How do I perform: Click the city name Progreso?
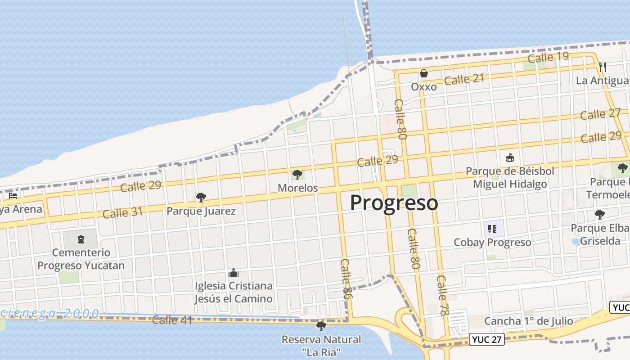pos(394,203)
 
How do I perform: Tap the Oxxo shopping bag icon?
pos(423,73)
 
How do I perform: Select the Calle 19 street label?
pos(548,58)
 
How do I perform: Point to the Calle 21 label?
pos(464,80)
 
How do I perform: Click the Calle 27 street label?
pos(600,114)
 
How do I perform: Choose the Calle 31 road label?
pos(122,212)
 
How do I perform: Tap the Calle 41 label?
pos(172,320)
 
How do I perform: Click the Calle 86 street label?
pos(346,279)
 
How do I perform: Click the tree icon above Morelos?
pos(297,174)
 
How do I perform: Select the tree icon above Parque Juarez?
pos(201,197)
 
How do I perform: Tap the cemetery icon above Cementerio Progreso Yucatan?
pos(81,239)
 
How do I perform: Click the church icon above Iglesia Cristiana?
pos(233,273)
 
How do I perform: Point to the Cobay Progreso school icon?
pos(492,229)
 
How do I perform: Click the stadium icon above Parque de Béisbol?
pos(509,158)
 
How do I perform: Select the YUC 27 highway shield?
pos(487,339)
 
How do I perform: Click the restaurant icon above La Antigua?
pos(603,67)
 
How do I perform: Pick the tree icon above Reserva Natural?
pos(321,326)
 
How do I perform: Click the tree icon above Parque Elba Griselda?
pos(599,214)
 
